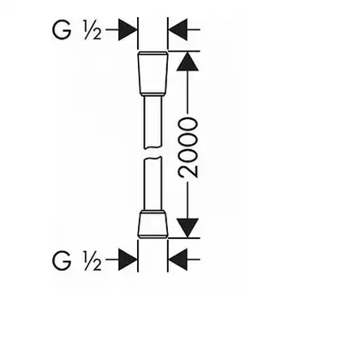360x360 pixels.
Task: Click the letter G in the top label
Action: click(62, 29)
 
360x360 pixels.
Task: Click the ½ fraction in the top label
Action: click(92, 30)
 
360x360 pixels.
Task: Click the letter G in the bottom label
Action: click(62, 261)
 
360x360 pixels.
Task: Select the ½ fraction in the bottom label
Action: click(92, 261)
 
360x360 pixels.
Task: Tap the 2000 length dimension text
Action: click(188, 147)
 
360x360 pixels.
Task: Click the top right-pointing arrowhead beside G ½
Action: click(128, 29)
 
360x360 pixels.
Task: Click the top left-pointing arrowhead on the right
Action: click(177, 29)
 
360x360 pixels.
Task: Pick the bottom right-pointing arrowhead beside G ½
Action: click(128, 260)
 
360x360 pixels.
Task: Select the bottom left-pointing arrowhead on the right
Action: click(177, 260)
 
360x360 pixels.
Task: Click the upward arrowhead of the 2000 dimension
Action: click(188, 61)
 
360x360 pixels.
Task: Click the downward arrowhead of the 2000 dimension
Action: click(188, 228)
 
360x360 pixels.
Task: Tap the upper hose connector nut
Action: click(153, 73)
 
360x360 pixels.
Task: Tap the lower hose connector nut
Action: click(153, 224)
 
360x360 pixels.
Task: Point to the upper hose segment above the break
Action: click(153, 123)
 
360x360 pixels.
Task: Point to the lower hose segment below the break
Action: click(153, 183)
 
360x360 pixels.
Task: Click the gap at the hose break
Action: click(153, 153)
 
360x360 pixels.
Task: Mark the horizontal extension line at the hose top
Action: click(183, 51)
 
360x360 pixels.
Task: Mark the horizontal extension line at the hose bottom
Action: click(183, 237)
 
